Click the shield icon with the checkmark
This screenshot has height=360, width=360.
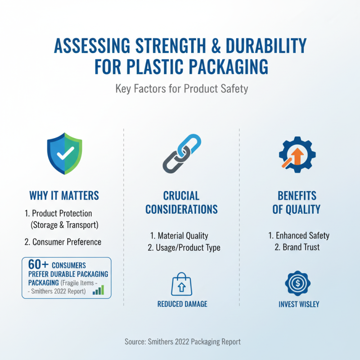click(x=64, y=154)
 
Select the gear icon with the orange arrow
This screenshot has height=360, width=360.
click(x=296, y=154)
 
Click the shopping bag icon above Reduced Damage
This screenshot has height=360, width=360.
click(x=182, y=284)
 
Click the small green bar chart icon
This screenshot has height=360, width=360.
click(x=98, y=290)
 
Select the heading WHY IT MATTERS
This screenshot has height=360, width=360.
click(x=64, y=196)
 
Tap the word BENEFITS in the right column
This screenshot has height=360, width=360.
click(x=297, y=196)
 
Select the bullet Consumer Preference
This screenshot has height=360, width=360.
click(x=63, y=242)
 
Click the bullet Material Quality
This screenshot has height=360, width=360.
click(x=180, y=235)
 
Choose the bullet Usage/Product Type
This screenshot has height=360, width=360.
click(x=184, y=247)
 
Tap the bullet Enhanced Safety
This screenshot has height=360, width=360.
click(x=299, y=235)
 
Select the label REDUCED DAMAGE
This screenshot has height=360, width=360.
click(x=182, y=304)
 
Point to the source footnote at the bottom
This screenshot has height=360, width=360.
click(x=183, y=342)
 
